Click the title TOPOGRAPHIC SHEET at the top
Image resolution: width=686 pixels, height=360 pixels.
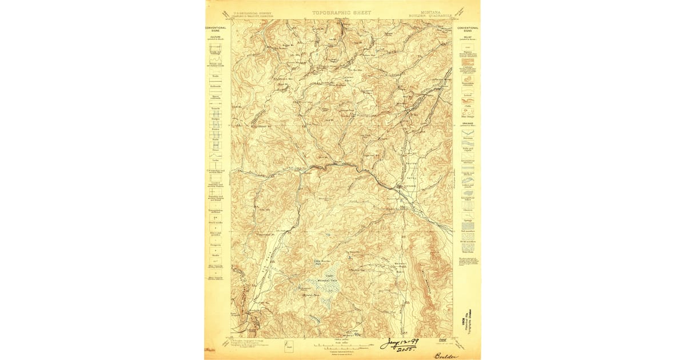click(341, 13)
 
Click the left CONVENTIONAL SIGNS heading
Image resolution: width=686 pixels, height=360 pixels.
click(216, 29)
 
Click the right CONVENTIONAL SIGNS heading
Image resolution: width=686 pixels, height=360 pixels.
click(468, 29)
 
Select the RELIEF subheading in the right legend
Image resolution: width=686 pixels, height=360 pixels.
click(467, 35)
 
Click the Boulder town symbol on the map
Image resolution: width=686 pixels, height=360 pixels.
click(400, 187)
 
